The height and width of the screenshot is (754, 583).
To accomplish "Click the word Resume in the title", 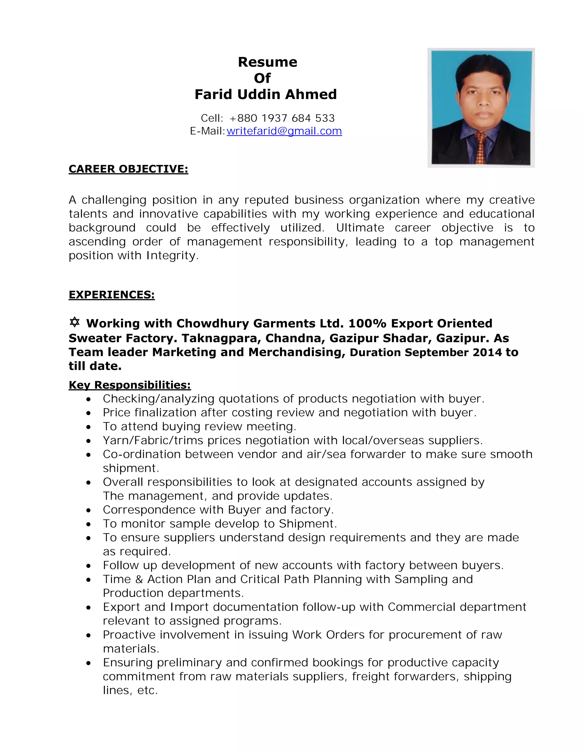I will pos(267,62).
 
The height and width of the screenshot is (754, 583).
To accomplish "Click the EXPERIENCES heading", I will pos(112,294).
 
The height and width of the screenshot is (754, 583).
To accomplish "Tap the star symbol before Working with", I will pos(74,322).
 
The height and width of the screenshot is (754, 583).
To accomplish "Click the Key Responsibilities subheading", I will pos(130,385).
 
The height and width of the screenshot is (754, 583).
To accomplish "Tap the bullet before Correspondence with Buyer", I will pos(89,510).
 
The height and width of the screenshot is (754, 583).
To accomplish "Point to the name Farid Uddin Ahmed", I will pos(265,94).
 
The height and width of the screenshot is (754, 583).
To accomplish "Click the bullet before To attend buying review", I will pos(89,427).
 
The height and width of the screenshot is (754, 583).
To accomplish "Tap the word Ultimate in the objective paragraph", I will pos(360,228).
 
